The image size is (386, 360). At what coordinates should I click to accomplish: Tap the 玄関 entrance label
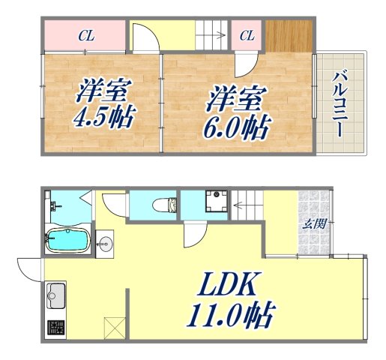coord(313,223)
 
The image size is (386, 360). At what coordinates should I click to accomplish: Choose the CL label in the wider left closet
coord(86,34)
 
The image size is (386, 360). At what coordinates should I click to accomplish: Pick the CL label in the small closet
coord(247,34)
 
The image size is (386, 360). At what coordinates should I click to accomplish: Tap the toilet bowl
coord(166,203)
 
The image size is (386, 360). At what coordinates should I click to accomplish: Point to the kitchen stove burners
coord(56,328)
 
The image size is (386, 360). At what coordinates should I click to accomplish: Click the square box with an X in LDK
coord(114,328)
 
